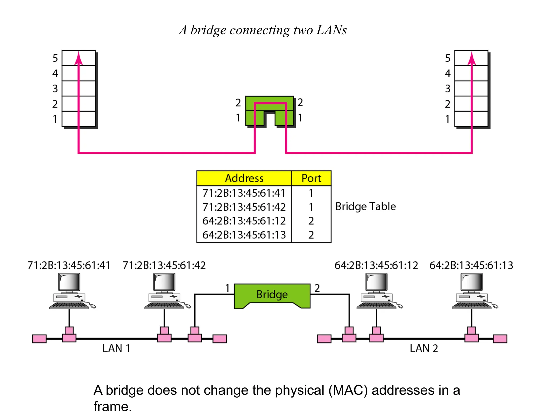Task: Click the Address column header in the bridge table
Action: point(244,178)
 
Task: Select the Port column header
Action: point(311,178)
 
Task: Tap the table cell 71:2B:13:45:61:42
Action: point(244,207)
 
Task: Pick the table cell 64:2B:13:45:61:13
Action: point(244,235)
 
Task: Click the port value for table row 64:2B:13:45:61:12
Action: point(311,221)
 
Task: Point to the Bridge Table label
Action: point(366,207)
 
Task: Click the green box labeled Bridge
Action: point(272,295)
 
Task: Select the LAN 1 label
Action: point(116,348)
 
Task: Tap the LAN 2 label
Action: point(424,348)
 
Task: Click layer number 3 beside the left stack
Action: point(55,89)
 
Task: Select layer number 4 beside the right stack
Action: point(448,73)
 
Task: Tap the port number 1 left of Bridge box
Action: point(227,288)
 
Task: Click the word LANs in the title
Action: point(332,30)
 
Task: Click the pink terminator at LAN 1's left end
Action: point(39,339)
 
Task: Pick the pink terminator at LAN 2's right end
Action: point(500,339)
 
